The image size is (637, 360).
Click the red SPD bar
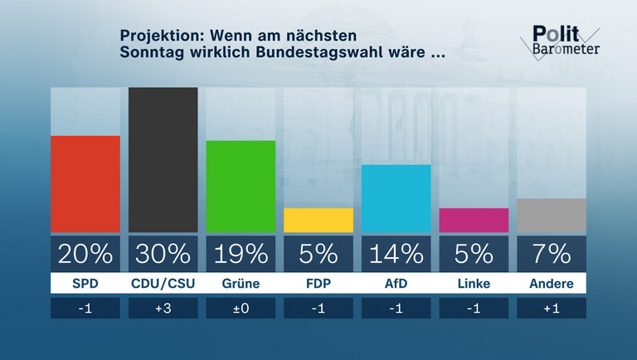[85, 184]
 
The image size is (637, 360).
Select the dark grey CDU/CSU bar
[163, 160]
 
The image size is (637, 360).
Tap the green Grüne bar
[241, 187]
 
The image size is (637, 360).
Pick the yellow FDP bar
[318, 221]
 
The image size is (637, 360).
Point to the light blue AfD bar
[396, 199]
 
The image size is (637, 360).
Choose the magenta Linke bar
[474, 221]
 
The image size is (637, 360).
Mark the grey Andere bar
[552, 216]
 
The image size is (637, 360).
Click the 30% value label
[163, 253]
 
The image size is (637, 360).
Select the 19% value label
[241, 253]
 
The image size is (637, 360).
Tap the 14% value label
[396, 253]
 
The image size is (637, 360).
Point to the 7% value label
[552, 253]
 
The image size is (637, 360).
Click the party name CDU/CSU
[163, 284]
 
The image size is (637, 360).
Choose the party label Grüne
[241, 284]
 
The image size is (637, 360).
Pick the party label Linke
[474, 284]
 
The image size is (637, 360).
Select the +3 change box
[163, 309]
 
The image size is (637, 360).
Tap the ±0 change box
[241, 309]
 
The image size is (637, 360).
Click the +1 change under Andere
[552, 309]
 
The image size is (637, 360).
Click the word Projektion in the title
[161, 36]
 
